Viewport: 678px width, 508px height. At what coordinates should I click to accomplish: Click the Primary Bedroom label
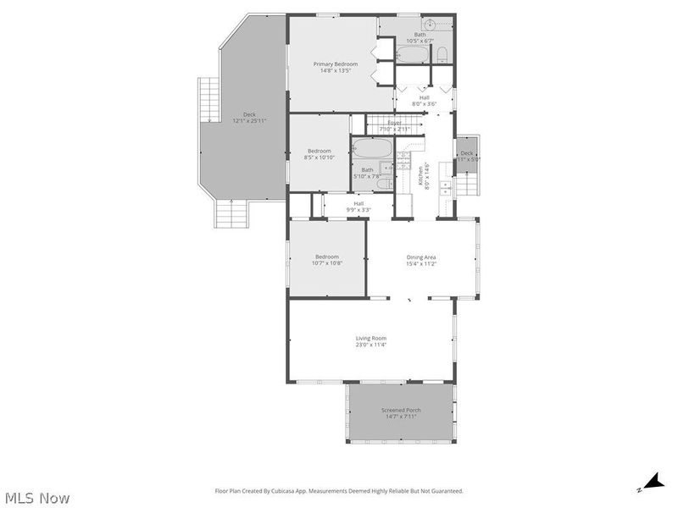pos(336,64)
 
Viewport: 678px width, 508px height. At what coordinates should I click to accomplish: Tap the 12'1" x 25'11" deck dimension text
pos(249,121)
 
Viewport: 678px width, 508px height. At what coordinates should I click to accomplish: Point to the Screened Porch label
pos(401,411)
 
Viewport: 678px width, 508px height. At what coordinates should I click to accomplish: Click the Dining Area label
pos(421,257)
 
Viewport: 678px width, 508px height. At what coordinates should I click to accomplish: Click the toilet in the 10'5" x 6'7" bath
pos(442,56)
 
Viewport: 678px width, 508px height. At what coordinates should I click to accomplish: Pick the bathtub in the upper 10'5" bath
pos(414,56)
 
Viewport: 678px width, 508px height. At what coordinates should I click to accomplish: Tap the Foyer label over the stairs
pos(395,123)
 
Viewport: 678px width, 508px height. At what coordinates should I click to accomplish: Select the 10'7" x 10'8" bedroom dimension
pos(327,263)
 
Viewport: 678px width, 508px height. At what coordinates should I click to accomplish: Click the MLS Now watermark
pos(36,498)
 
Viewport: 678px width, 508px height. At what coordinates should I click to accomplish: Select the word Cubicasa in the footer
pos(285,491)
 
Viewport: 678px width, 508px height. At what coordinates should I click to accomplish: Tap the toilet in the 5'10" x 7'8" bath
pos(383,183)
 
